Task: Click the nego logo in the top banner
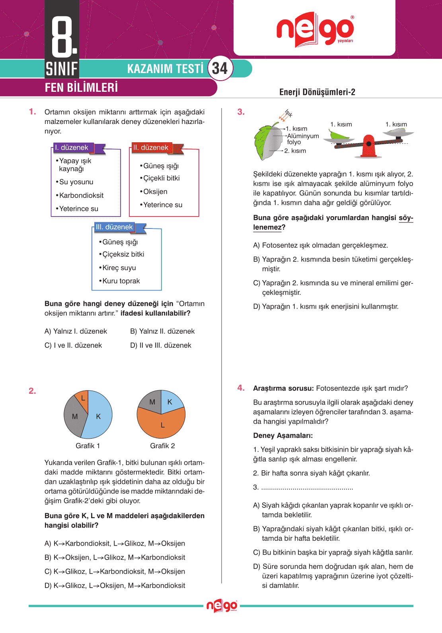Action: pos(315,29)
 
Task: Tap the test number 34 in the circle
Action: pos(220,68)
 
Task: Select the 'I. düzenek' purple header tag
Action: pos(72,148)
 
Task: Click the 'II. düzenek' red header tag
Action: pos(151,148)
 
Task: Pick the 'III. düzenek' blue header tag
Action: pos(115,227)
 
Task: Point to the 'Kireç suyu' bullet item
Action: pos(119,268)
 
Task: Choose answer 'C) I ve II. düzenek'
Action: pos(73,345)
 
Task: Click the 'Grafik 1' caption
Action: pos(88,446)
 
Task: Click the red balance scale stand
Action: pos(368,147)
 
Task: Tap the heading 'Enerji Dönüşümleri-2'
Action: pos(317,92)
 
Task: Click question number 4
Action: pos(241,388)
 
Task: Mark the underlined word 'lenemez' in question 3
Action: pos(267,227)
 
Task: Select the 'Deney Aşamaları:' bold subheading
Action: pos(283,436)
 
